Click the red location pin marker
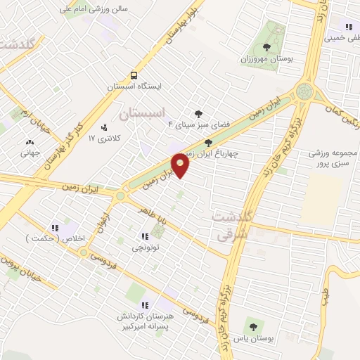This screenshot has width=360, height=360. (x=181, y=165)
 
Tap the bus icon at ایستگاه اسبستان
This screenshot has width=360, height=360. (x=134, y=75)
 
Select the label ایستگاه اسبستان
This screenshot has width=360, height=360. (x=134, y=86)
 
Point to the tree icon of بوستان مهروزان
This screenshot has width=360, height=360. (x=266, y=48)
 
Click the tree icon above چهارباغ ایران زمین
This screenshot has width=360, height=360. (x=207, y=142)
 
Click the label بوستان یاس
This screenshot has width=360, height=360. (x=253, y=339)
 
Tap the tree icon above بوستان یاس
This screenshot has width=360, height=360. (x=252, y=326)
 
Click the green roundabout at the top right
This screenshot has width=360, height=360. (x=304, y=90)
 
